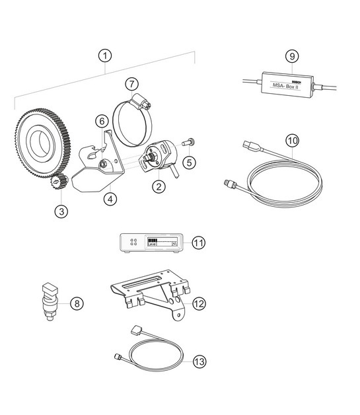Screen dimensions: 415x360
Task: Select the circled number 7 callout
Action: point(132,85)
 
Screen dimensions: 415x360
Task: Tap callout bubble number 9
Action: point(291,56)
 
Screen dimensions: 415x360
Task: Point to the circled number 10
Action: point(292,140)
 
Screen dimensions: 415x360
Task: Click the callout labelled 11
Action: point(198,243)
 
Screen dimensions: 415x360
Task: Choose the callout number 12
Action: point(198,303)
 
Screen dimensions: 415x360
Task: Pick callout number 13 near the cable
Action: point(198,361)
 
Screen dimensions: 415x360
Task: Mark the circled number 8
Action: point(77,303)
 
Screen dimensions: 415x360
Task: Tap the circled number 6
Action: point(102,121)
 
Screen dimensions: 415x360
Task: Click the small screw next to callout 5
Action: point(188,141)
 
